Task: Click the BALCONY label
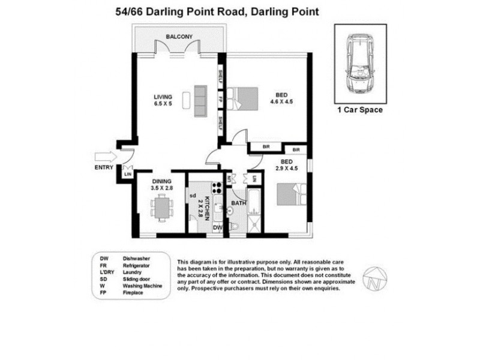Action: click(179, 36)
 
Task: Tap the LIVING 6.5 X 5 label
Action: click(163, 100)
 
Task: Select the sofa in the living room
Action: click(200, 100)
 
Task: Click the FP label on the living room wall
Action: click(221, 100)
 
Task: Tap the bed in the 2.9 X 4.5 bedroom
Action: click(290, 196)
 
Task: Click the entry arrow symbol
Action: click(103, 157)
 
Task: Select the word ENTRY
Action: click(104, 167)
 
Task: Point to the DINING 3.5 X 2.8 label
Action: click(161, 184)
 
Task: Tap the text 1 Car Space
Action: click(361, 110)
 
